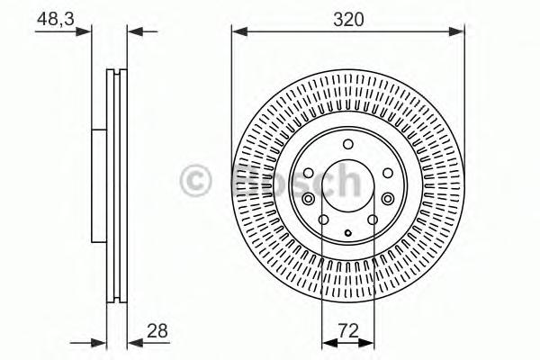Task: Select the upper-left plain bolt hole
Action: (308, 173)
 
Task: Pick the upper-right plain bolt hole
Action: (387, 173)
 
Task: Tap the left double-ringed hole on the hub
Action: (309, 200)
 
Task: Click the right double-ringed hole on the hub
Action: (388, 200)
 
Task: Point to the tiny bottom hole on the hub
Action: (347, 232)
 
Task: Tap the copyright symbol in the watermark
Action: (197, 181)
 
